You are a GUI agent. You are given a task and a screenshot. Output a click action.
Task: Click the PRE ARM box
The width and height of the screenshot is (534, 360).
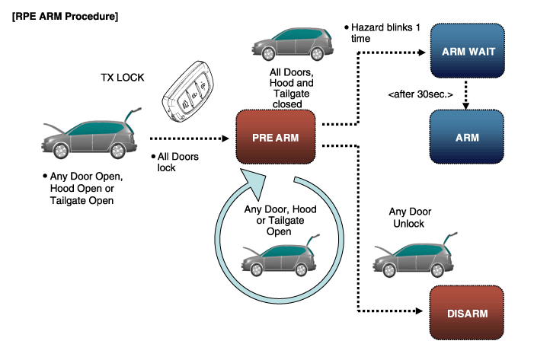tap(276, 137)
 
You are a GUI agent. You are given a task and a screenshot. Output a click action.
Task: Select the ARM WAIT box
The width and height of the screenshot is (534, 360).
tap(468, 51)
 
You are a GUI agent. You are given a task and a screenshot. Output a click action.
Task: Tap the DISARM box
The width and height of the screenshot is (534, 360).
tap(467, 313)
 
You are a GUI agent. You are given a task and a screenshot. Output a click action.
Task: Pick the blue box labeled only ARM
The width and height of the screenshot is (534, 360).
tap(467, 137)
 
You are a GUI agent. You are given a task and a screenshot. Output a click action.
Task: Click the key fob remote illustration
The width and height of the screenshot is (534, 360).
tap(188, 91)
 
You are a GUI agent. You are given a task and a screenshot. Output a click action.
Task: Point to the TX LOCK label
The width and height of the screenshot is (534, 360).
tap(122, 78)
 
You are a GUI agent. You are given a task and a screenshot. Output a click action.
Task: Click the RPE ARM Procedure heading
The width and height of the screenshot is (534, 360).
tap(65, 16)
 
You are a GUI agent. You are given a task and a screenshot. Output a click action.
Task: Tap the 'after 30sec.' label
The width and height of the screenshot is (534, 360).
tap(420, 94)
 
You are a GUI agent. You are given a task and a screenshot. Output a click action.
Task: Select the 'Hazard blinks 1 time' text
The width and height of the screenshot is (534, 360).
tap(382, 33)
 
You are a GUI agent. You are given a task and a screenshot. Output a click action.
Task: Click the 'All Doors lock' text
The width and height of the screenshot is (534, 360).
tap(175, 162)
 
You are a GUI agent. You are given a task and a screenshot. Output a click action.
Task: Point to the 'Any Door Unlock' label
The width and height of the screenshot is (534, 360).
tap(410, 218)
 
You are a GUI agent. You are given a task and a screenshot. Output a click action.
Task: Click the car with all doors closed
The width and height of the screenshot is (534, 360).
tap(293, 44)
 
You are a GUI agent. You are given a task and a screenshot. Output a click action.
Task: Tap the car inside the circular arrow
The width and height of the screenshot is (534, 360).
tap(280, 255)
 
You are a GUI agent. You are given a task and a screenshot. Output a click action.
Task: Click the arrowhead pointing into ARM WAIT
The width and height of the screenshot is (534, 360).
tap(421, 53)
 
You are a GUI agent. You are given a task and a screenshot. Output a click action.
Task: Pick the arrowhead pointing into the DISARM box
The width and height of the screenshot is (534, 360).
tap(419, 311)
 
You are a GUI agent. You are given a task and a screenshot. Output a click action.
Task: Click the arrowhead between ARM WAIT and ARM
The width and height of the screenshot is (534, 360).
tap(465, 106)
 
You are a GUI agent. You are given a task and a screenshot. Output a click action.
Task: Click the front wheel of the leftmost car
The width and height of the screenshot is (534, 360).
tap(61, 151)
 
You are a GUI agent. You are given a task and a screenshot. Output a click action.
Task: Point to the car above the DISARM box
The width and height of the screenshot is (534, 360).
tap(415, 255)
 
